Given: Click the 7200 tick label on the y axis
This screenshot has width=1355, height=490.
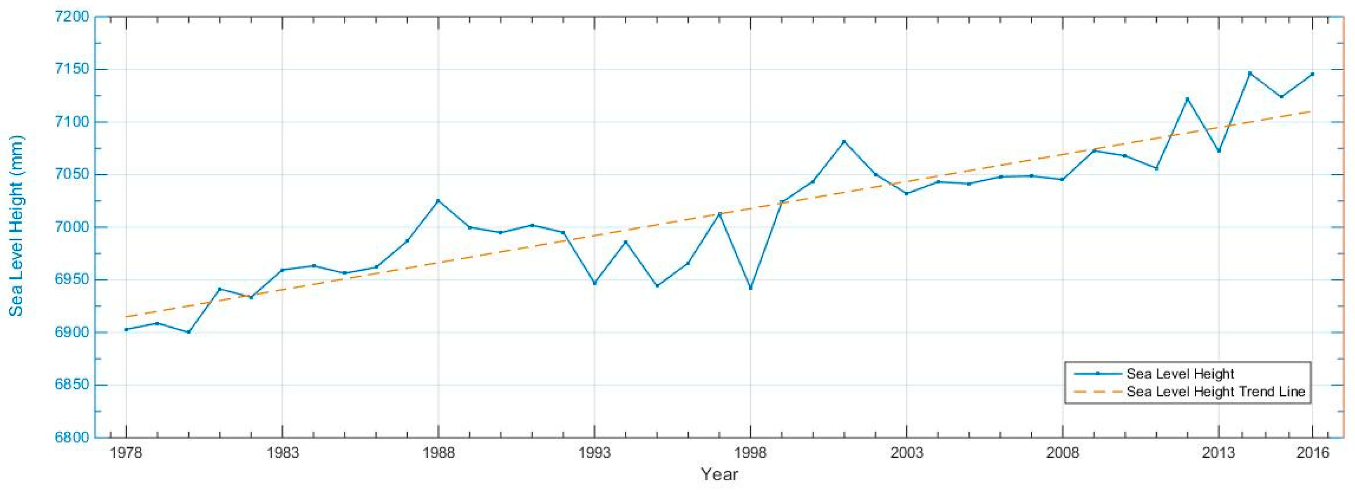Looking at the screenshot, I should pos(72,17).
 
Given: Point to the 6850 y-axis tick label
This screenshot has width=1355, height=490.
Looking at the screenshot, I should pos(72,385).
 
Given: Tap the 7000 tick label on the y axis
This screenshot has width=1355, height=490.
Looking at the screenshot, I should pos(72,227).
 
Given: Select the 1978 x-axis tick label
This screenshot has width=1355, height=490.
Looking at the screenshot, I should pos(126,453).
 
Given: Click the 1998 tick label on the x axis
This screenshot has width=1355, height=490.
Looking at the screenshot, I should pos(750,453).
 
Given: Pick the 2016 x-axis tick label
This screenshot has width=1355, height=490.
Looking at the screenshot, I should pos(1312,453).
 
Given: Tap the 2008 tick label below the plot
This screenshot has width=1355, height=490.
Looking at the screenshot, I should pos(1062,453).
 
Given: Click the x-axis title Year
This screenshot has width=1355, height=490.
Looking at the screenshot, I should pos(719,474).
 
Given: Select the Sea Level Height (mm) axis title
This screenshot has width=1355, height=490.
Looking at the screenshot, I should pos(16,226).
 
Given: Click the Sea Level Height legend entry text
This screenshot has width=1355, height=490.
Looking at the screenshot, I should pos(1180,374).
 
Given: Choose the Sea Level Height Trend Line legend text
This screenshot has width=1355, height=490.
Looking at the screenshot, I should pos(1216,392).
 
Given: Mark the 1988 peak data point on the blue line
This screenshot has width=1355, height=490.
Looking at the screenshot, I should pos(438,200).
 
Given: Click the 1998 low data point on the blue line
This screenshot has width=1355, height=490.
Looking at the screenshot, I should pos(750,288).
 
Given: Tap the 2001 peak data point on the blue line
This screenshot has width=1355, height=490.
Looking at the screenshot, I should pos(844,141).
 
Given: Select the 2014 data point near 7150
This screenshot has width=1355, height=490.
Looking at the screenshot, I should pos(1250,73).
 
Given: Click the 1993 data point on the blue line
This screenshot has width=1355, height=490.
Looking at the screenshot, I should pos(594,283).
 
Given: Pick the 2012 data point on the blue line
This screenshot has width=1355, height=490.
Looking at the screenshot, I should pos(1187,99).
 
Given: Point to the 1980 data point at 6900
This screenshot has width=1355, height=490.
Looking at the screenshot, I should pos(188,332).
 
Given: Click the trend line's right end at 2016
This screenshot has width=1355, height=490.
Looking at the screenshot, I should pos(1312,111).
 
